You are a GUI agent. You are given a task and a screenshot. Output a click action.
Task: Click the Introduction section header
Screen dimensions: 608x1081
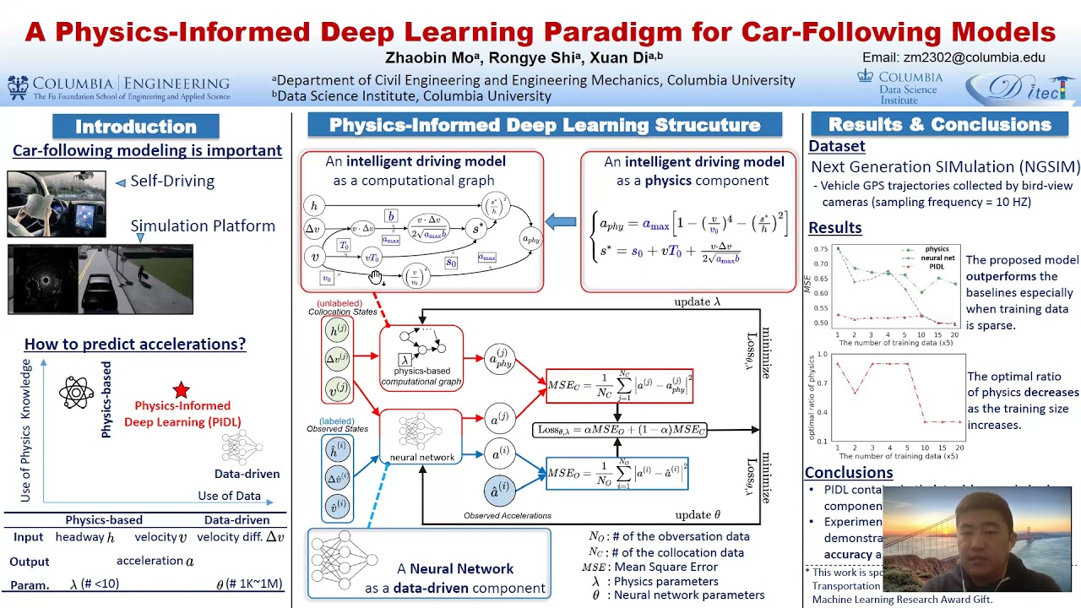136,127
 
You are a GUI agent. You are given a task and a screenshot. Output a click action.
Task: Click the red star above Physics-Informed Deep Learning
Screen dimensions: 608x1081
181,389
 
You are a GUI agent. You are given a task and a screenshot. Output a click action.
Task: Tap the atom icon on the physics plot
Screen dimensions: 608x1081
76,392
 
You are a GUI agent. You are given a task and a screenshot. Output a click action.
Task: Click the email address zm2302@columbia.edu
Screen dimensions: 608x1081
953,57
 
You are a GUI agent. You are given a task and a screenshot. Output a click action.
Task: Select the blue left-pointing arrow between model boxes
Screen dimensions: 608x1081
561,222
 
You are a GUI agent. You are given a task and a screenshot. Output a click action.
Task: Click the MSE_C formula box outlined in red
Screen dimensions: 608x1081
619,386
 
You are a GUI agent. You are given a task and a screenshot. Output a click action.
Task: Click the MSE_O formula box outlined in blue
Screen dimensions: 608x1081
617,474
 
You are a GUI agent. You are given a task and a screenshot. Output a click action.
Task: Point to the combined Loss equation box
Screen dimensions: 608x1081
621,430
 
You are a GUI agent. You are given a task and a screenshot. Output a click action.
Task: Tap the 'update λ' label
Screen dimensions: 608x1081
697,301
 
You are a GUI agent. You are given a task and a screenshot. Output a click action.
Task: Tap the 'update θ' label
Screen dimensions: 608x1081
698,514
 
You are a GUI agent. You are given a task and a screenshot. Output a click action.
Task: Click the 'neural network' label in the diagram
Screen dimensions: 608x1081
421,457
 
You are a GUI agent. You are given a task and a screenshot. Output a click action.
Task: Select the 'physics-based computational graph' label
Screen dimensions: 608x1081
421,376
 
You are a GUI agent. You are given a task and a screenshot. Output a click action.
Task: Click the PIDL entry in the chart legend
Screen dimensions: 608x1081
936,266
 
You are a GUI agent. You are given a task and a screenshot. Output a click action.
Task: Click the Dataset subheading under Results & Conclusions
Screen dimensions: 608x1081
836,146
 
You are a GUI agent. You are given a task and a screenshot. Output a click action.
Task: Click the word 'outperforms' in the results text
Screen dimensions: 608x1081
1001,276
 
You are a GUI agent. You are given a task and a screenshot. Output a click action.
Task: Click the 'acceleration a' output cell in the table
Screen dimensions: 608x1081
155,561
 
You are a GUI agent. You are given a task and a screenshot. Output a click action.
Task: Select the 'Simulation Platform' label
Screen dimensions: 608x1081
203,225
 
